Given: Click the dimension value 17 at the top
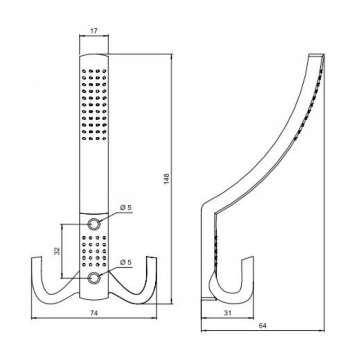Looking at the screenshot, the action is tap(94, 31).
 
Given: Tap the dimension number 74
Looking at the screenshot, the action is tap(94, 313).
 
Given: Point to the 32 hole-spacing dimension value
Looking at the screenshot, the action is tap(57, 251).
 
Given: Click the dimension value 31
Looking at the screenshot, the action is tap(227, 313).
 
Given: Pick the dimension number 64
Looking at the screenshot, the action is tap(262, 325).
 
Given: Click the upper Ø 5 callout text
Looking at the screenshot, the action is tap(126, 207).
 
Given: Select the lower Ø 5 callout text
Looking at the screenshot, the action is tap(126, 262).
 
